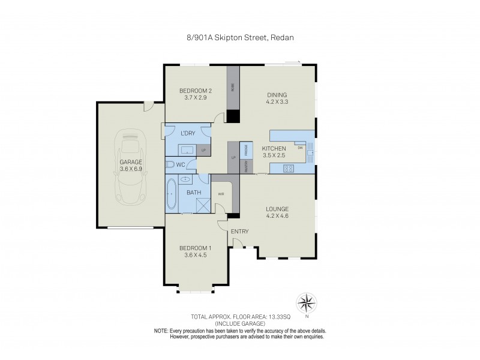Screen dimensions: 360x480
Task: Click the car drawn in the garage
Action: pyautogui.click(x=130, y=165)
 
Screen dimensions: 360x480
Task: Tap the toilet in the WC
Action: pyautogui.click(x=170, y=164)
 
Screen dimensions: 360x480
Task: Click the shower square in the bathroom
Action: pyautogui.click(x=202, y=206)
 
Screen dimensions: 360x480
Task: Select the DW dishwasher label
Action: pyautogui.click(x=299, y=146)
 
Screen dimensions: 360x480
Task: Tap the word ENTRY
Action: pyautogui.click(x=240, y=231)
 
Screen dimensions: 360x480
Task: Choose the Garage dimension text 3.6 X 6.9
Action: pyautogui.click(x=130, y=169)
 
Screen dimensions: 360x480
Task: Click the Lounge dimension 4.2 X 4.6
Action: pyautogui.click(x=278, y=215)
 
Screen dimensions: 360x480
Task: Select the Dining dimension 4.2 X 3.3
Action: pyautogui.click(x=277, y=101)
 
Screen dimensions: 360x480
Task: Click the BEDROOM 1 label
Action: pyautogui.click(x=195, y=248)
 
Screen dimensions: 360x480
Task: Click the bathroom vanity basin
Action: pyautogui.click(x=185, y=179)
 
